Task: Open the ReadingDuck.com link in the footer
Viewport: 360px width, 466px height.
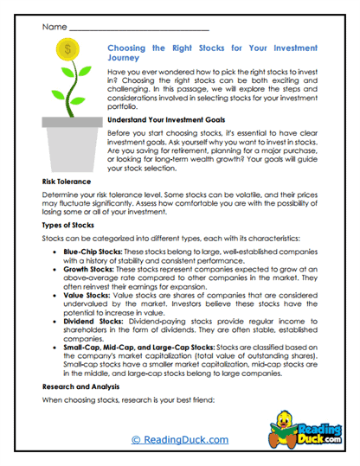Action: point(179,439)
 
